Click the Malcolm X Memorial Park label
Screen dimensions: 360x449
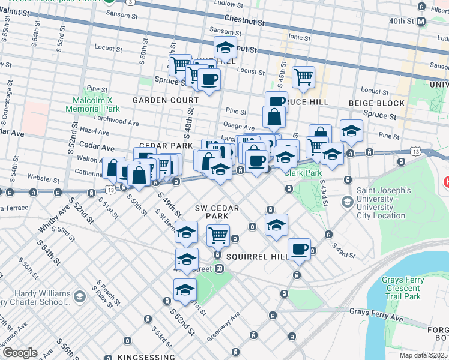(93, 104)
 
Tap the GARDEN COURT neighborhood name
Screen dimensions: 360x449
(165, 100)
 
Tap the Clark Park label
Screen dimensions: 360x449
(303, 173)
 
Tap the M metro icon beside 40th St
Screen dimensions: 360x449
(421, 20)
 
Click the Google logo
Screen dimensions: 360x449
(20, 353)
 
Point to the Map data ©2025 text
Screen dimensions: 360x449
(424, 356)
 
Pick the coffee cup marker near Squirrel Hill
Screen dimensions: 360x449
(298, 249)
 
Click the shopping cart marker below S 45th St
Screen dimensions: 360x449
(304, 76)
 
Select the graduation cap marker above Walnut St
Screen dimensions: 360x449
(225, 47)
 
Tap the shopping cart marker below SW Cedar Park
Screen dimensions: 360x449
(218, 235)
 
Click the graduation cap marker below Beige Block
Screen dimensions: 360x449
(351, 130)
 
